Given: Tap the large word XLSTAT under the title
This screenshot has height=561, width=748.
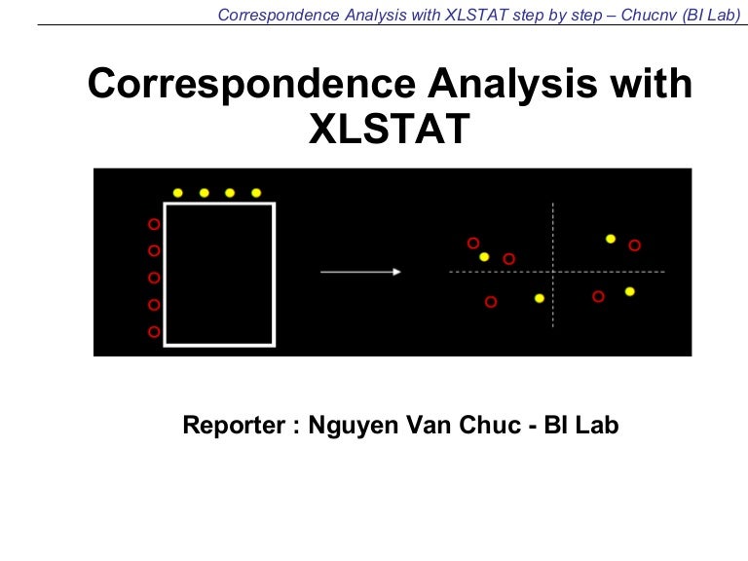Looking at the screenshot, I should (390, 130).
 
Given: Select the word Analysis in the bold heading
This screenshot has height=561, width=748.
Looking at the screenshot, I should (499, 85).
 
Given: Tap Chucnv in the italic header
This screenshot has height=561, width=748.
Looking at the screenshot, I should (648, 15).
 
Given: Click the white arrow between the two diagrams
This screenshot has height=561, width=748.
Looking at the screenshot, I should (360, 272).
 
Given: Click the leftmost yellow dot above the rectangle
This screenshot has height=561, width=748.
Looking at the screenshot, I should (178, 193).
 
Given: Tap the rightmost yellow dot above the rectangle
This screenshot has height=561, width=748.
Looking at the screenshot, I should (256, 193).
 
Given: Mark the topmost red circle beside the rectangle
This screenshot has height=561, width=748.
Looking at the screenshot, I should (153, 224).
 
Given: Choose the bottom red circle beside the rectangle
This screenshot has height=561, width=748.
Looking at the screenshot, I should (153, 332).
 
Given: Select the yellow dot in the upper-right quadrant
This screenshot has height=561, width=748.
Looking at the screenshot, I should (611, 238).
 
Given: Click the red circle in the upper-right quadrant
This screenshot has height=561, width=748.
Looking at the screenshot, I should (635, 245).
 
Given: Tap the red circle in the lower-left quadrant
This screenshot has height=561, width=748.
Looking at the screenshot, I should (491, 302).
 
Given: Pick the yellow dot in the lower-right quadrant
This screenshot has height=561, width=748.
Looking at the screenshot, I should (630, 291).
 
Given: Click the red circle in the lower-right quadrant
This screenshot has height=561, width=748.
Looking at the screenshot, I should (599, 296).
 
